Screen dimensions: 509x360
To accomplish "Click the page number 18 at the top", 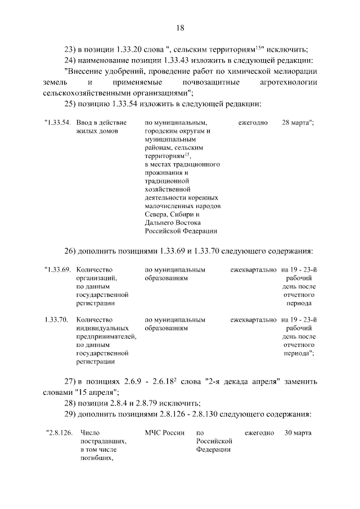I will coord(180,28).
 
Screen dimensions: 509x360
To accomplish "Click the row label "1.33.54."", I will coord(57,122).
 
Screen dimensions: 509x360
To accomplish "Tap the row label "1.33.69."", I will coord(57,270).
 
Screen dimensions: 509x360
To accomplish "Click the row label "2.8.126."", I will coord(59,433).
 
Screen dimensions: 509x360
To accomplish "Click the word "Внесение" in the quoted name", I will coord(84,71).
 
